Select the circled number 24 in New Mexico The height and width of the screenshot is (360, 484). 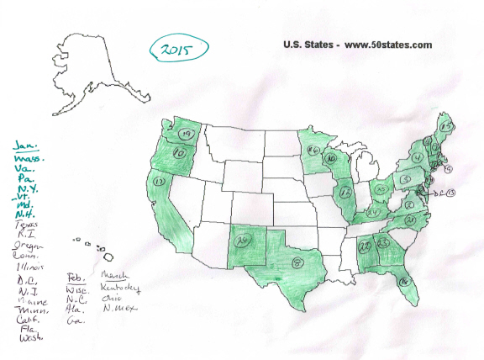[245, 242]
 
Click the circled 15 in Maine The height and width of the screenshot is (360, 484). [448, 126]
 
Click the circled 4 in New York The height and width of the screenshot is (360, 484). [417, 157]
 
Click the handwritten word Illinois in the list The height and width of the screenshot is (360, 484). [29, 267]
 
